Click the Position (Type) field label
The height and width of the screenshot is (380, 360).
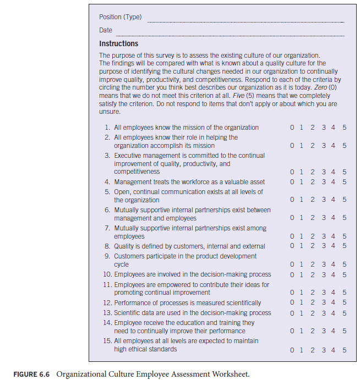pos(120,17)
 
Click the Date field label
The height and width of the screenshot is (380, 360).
pos(106,30)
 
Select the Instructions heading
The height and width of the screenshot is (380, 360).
pos(118,43)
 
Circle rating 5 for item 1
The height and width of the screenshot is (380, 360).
pos(344,128)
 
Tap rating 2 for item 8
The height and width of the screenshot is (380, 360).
pos(312,246)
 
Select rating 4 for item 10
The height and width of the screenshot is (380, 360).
pos(333,274)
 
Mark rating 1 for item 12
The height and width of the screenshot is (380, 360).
pos(302,302)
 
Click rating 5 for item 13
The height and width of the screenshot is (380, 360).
pos(344,313)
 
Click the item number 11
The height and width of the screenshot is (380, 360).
pos(107,285)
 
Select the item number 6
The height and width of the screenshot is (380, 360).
pos(108,210)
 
